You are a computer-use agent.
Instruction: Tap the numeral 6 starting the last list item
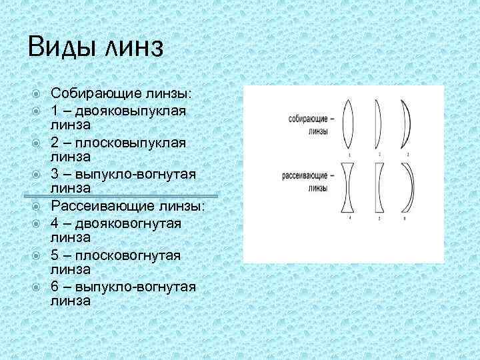click(x=55, y=287)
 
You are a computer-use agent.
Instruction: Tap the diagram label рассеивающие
click(x=306, y=177)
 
